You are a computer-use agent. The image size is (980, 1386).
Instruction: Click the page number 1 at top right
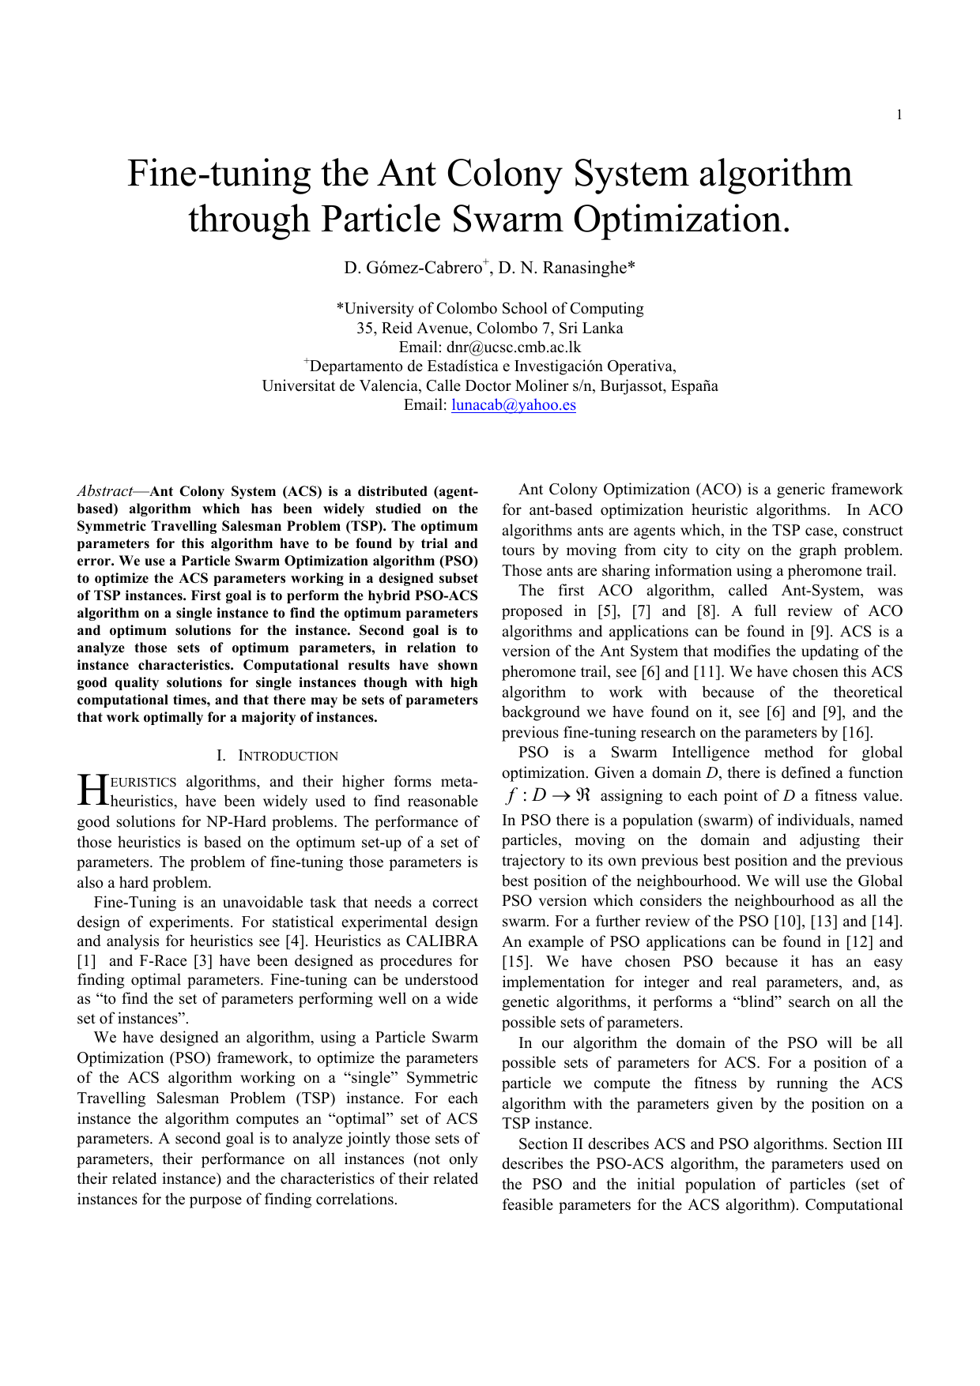coord(899,115)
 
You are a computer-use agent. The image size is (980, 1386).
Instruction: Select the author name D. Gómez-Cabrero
coord(413,269)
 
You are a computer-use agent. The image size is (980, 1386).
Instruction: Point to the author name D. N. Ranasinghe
coord(567,269)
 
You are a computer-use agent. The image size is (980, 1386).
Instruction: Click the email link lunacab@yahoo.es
coord(514,405)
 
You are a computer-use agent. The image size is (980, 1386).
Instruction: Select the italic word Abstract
coord(104,491)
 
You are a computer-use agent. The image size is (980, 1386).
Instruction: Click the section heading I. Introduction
coord(277,756)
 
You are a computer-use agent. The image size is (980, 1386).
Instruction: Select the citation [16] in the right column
coord(857,733)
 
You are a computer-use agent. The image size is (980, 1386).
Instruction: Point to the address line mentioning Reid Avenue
coord(490,329)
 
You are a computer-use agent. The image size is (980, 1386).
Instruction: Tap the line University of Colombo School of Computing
coord(490,309)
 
